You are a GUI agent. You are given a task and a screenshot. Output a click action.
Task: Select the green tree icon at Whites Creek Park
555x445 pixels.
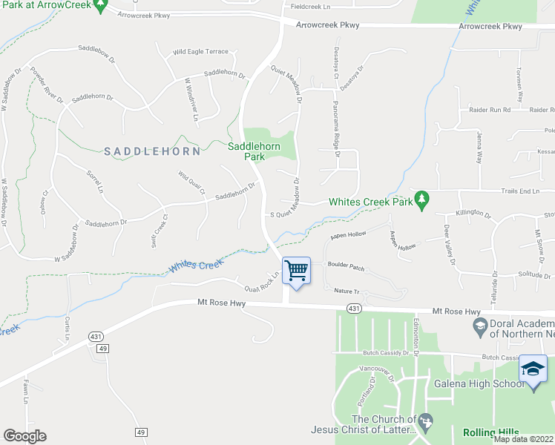pyautogui.click(x=421, y=199)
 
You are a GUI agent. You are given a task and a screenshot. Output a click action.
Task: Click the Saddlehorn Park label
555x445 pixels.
pyautogui.click(x=254, y=151)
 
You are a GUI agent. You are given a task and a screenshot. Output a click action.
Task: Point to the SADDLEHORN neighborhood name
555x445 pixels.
pyautogui.click(x=152, y=151)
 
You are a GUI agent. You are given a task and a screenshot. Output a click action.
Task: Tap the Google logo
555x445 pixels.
pyautogui.click(x=24, y=436)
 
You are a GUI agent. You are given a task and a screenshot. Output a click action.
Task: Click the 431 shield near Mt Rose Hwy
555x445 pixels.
pyautogui.click(x=355, y=309)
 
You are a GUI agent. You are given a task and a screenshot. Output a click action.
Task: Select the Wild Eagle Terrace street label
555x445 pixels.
pyautogui.click(x=200, y=52)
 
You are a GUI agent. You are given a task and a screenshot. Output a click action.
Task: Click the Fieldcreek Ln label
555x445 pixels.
pyautogui.click(x=310, y=7)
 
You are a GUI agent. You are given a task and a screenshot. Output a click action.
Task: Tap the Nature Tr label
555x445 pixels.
pyautogui.click(x=346, y=291)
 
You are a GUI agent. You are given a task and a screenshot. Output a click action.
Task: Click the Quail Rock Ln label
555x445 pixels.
pyautogui.click(x=264, y=280)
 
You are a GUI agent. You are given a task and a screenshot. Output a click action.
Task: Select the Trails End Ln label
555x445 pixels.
pyautogui.click(x=519, y=191)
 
